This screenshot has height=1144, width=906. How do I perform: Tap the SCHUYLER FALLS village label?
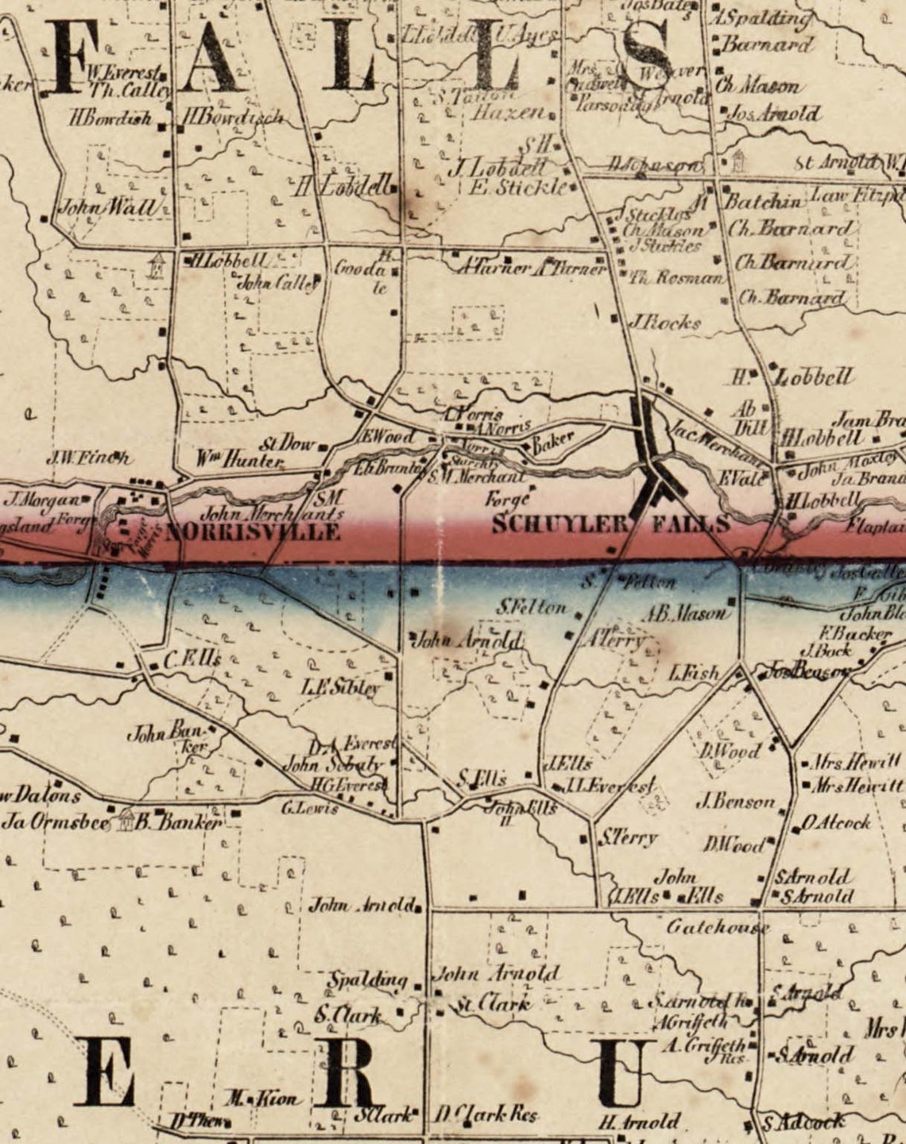(610, 524)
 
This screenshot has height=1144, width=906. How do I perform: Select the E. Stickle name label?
(519, 187)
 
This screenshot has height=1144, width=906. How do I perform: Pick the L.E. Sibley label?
(340, 686)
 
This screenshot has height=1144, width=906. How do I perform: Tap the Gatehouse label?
(718, 926)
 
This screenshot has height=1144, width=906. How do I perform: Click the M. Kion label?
(262, 1100)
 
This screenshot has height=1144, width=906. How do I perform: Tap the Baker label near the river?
(552, 445)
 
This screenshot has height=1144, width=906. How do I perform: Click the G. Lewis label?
(310, 809)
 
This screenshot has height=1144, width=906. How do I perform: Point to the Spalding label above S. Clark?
(368, 980)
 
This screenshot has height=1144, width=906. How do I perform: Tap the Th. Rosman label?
(677, 279)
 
